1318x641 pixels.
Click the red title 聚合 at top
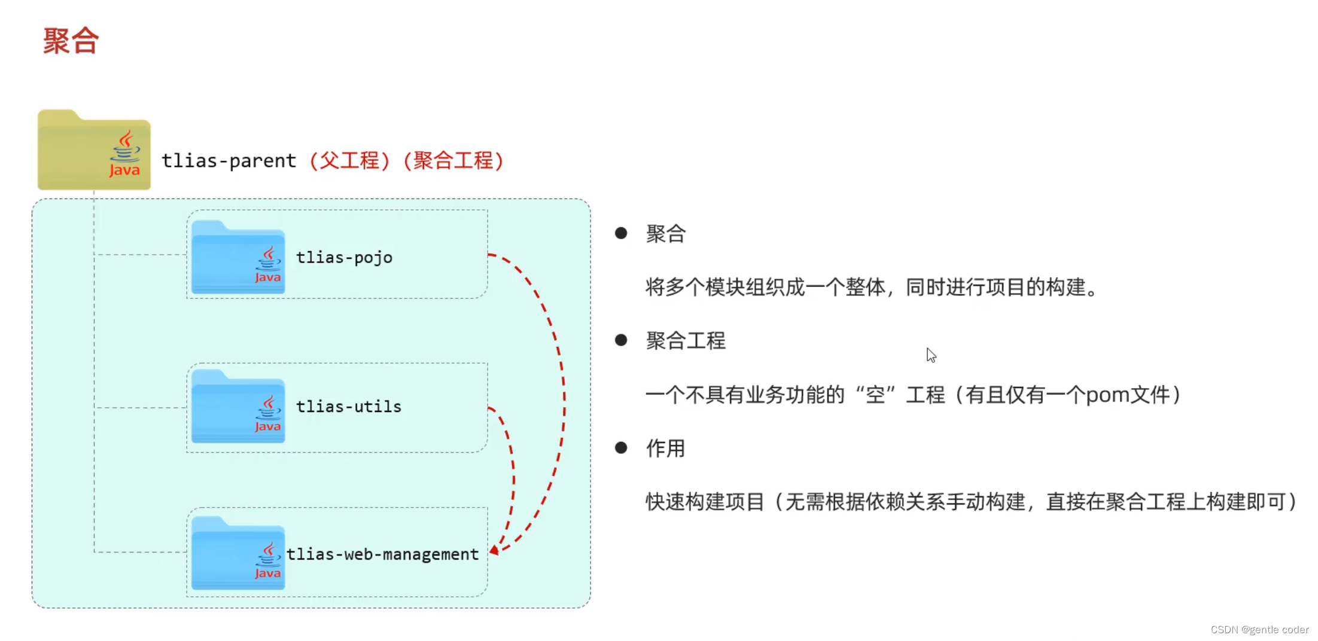[71, 41]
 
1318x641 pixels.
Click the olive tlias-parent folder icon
[94, 149]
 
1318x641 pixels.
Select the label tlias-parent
[229, 161]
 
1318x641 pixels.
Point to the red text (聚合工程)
[453, 160]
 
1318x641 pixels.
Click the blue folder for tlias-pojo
[238, 258]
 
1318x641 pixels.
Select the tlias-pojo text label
[345, 258]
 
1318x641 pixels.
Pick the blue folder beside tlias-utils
[238, 407]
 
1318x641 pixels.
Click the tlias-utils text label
[349, 407]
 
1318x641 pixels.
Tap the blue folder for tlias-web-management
[238, 553]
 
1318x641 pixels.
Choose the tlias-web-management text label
[383, 554]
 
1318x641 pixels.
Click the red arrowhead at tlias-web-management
[494, 550]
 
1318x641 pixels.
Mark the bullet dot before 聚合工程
[621, 340]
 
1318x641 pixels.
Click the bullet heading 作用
[665, 448]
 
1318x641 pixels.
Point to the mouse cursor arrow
[931, 355]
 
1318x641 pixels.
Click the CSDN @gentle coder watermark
[1259, 630]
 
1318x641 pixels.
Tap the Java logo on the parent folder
[124, 154]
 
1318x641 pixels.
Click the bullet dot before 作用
[621, 448]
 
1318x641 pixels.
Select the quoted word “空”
[875, 395]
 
